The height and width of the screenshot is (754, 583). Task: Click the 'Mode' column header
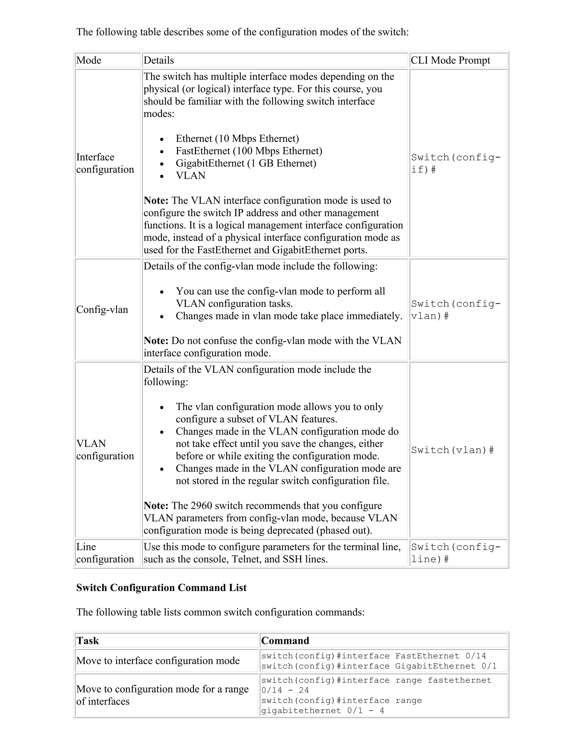[89, 60]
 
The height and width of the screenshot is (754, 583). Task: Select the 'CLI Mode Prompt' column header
[450, 60]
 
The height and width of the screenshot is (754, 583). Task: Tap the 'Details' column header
[159, 60]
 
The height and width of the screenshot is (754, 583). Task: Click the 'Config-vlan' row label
[102, 310]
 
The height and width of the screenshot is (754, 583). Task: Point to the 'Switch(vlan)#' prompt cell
[452, 450]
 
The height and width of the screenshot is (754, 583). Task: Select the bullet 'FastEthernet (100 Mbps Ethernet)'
[249, 151]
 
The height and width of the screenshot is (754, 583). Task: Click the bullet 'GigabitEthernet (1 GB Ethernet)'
[246, 163]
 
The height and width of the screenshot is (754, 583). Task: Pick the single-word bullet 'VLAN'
[191, 176]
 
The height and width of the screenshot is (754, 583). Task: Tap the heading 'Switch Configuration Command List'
[161, 588]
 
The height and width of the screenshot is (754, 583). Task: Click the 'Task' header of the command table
[88, 641]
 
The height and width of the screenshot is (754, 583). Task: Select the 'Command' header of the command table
[285, 641]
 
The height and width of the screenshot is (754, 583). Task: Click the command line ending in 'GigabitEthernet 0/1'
[379, 666]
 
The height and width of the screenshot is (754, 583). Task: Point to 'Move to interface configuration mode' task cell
[158, 661]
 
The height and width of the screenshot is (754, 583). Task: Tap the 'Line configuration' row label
[105, 553]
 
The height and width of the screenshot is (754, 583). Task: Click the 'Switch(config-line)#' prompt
[455, 553]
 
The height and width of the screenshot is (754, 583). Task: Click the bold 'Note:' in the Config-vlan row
[156, 341]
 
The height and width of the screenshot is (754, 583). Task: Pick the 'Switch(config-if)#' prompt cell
[455, 163]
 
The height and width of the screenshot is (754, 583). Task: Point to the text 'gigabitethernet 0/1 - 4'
[322, 710]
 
